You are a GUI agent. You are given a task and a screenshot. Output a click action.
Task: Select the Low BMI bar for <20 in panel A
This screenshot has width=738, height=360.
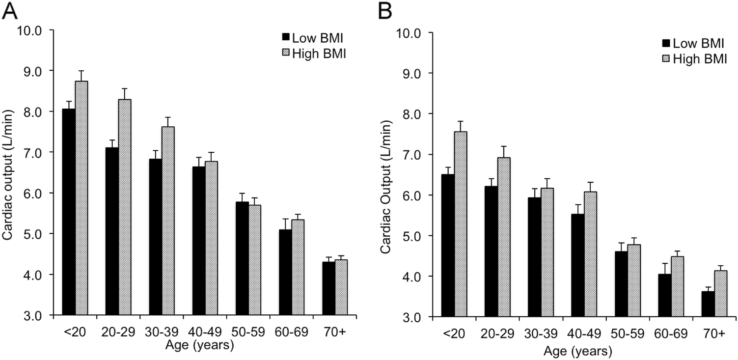point(69,212)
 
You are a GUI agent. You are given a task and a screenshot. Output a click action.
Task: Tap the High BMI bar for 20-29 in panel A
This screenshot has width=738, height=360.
point(125,207)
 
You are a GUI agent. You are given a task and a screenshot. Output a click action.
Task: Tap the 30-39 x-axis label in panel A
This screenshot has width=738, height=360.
point(158,332)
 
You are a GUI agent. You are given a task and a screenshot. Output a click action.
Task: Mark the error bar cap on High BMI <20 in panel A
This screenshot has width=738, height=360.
point(82,71)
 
